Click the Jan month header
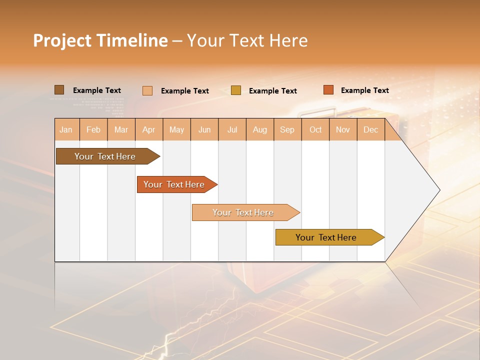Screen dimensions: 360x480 [x=66, y=129]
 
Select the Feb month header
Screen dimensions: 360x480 [x=93, y=129]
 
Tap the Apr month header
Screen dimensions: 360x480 [x=149, y=129]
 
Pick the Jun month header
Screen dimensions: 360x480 [x=204, y=129]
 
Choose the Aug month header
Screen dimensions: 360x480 [x=260, y=129]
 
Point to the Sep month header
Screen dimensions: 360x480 [x=287, y=129]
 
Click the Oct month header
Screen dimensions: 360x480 [x=315, y=129]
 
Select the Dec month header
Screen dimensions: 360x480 [x=371, y=129]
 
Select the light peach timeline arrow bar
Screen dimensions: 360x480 [x=243, y=212]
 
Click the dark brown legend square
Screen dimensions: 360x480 [x=59, y=90]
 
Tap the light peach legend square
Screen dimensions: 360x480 [x=147, y=90]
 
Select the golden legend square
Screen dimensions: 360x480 [x=236, y=90]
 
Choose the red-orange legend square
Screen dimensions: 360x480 [x=328, y=90]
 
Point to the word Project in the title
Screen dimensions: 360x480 [x=62, y=40]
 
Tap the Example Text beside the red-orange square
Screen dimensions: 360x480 [x=364, y=90]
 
